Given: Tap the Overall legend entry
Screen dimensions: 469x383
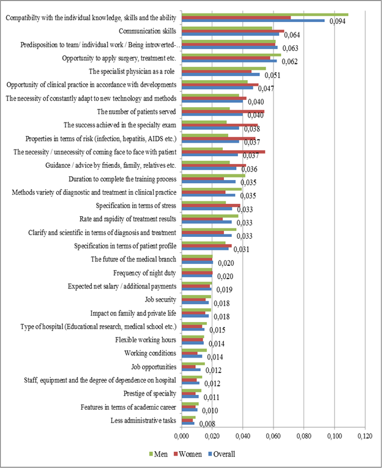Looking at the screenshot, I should pyautogui.click(x=223, y=454).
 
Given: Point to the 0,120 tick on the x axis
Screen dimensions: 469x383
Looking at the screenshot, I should pyautogui.click(x=365, y=436).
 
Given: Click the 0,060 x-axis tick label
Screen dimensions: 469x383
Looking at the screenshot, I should pyautogui.click(x=273, y=436).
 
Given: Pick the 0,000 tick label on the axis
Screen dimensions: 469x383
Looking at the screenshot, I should pyautogui.click(x=181, y=436).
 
